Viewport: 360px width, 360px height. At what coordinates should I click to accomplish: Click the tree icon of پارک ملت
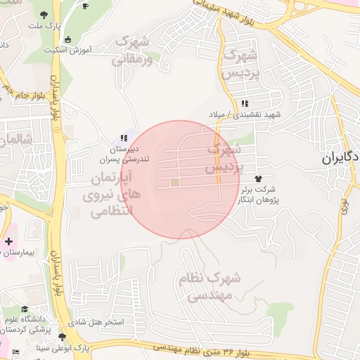pyautogui.click(x=44, y=14)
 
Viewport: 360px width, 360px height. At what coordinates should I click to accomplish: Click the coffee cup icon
pyautogui.click(x=85, y=6)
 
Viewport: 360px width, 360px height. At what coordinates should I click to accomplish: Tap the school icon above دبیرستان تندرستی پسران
pyautogui.click(x=124, y=138)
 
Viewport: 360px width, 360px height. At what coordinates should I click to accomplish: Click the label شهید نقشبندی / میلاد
pyautogui.click(x=244, y=114)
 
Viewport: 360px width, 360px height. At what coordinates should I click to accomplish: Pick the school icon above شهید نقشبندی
pyautogui.click(x=244, y=103)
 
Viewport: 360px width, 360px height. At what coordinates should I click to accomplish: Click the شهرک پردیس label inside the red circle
pyautogui.click(x=224, y=159)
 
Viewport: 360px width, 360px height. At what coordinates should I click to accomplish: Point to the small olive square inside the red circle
pyautogui.click(x=174, y=183)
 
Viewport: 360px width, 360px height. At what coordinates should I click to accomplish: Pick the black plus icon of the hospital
pyautogui.click(x=8, y=242)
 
